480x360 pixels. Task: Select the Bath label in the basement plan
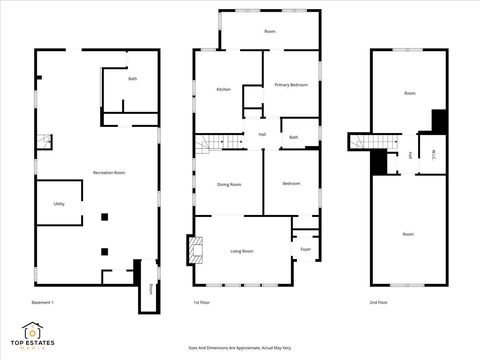[131, 79]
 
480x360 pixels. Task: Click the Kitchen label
[224, 90]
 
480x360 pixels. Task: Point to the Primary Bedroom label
[290, 85]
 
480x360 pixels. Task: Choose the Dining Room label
[230, 184]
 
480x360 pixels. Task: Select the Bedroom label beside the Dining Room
[291, 183]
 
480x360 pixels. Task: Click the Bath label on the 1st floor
[294, 137]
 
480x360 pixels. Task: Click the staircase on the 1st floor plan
[210, 144]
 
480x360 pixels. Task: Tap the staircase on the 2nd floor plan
[362, 142]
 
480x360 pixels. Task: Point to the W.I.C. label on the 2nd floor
[432, 154]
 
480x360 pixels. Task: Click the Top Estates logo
[34, 335]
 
